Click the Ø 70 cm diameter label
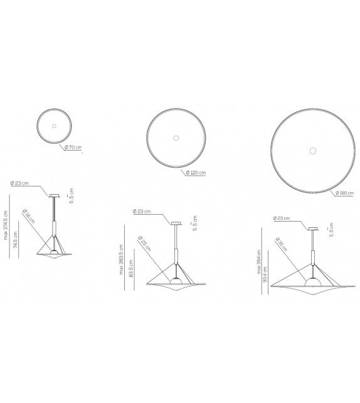click(73, 148)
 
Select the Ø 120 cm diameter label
click(196, 172)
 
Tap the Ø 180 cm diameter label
click(344, 193)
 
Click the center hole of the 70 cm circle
click(54, 126)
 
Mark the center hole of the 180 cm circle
click(312, 150)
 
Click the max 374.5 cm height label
click(6, 224)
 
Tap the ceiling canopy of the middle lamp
click(176, 222)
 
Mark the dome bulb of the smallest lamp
click(54, 249)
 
